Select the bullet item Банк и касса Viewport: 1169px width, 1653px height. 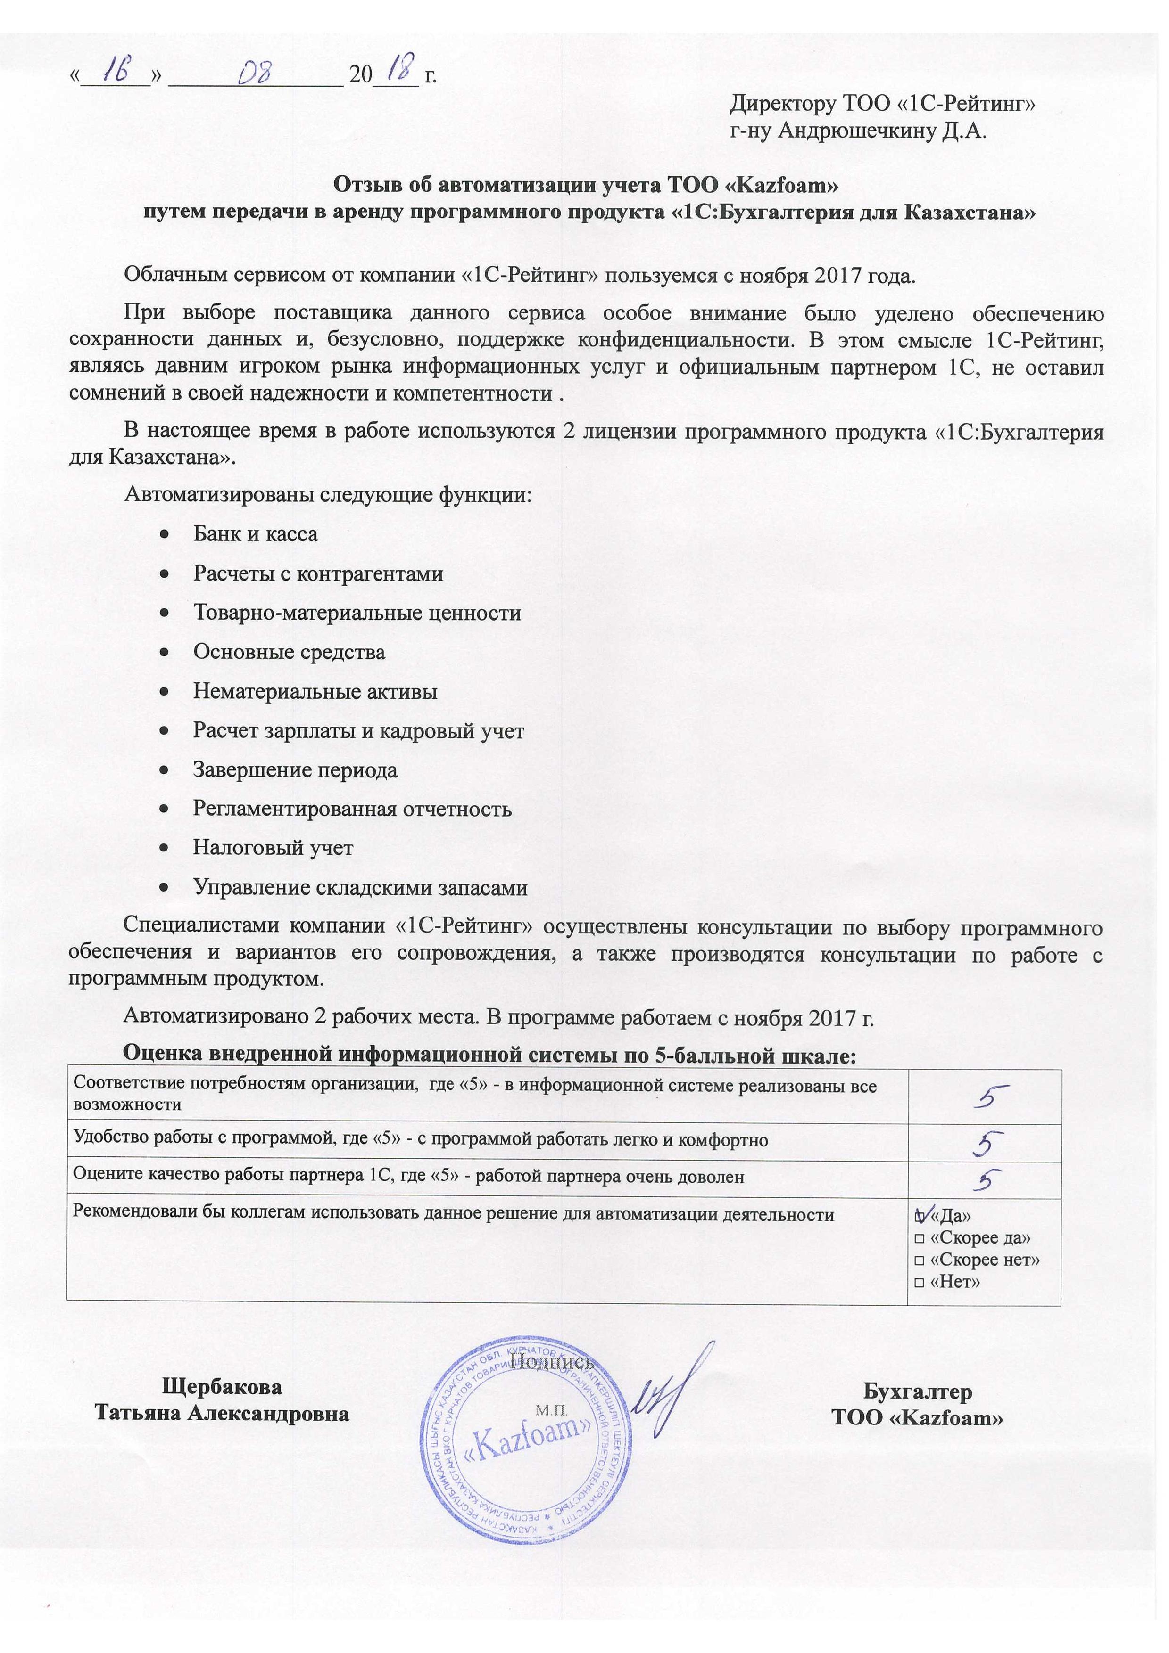click(255, 534)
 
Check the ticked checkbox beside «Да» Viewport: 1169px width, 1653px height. click(919, 1217)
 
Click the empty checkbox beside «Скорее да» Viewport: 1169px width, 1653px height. click(919, 1238)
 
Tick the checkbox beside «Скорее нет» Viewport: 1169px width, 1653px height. click(919, 1260)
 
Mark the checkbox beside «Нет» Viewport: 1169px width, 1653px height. click(919, 1282)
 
